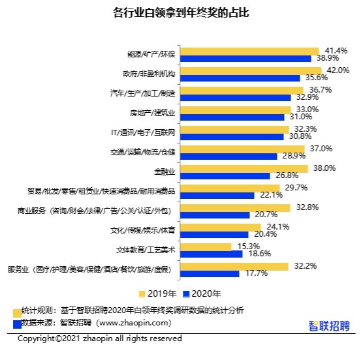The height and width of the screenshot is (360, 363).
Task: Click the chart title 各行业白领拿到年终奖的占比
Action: click(x=181, y=12)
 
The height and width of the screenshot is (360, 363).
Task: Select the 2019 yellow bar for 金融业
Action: click(x=244, y=169)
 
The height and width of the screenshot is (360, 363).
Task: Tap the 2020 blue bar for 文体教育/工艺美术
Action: click(x=212, y=254)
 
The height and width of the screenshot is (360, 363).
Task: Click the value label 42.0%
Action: click(x=338, y=70)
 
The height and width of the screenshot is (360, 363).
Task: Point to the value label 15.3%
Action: click(x=248, y=247)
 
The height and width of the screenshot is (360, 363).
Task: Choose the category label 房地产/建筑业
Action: click(x=152, y=113)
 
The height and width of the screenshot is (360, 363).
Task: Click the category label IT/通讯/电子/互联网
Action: click(x=143, y=132)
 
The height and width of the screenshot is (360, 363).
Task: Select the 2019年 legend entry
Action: click(x=157, y=293)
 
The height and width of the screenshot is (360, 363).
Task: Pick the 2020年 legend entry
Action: click(x=202, y=293)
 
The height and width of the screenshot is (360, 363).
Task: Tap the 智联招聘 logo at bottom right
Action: click(x=329, y=326)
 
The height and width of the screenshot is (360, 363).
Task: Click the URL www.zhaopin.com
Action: click(x=134, y=323)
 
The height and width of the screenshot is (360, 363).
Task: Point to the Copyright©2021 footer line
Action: click(x=100, y=338)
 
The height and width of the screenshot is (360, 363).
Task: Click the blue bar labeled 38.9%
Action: click(x=245, y=59)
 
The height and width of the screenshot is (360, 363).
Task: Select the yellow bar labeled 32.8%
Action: click(x=235, y=208)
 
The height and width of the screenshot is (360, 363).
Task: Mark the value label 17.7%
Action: click(x=257, y=273)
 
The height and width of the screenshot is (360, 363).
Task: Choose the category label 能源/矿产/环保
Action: click(x=151, y=54)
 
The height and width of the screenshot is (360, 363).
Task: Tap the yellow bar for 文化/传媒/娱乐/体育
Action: click(x=221, y=228)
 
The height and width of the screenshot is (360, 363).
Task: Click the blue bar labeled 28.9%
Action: click(x=229, y=157)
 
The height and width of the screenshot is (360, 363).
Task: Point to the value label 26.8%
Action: click(x=287, y=175)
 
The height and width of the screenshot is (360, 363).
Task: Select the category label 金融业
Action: click(x=165, y=172)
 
